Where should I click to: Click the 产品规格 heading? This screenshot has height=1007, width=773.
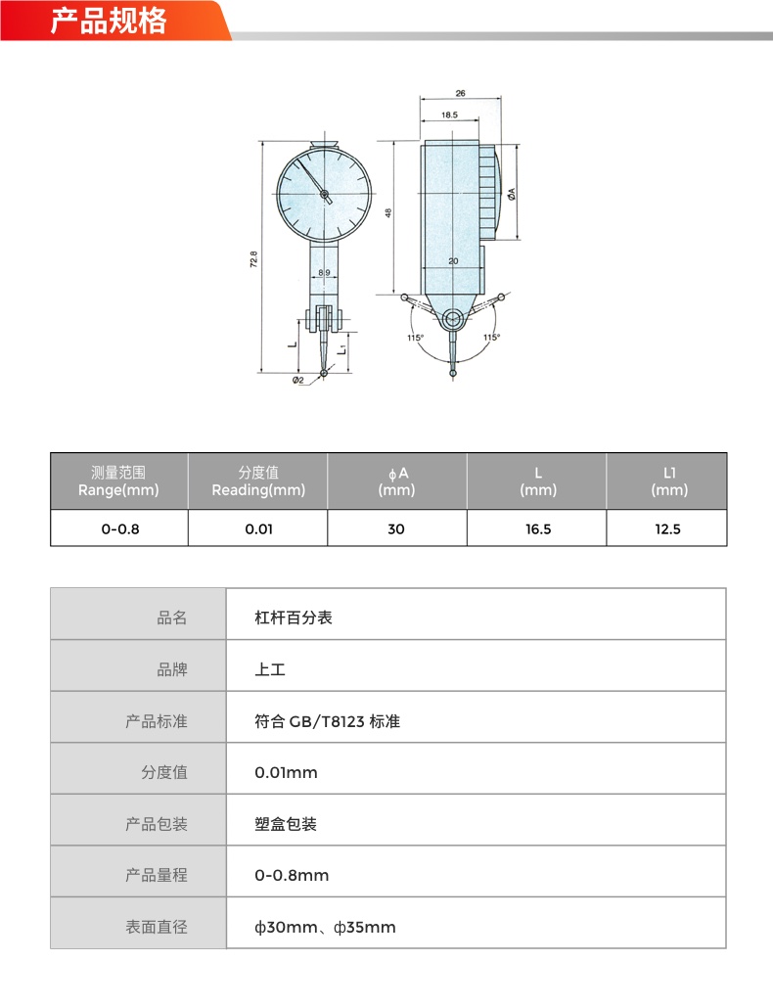(x=109, y=22)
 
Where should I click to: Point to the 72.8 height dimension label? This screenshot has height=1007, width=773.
(x=253, y=259)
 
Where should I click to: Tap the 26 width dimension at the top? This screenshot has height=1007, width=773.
(x=460, y=94)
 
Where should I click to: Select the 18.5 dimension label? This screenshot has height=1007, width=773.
(x=449, y=114)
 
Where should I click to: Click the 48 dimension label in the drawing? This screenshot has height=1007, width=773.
(x=387, y=212)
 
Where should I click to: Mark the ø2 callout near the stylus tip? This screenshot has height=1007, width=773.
(x=297, y=380)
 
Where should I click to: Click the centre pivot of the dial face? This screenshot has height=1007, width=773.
(x=324, y=194)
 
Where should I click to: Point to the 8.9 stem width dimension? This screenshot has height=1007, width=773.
(x=324, y=273)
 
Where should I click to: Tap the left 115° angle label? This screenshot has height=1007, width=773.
(x=415, y=338)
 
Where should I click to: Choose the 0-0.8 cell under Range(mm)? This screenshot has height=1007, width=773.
(x=120, y=529)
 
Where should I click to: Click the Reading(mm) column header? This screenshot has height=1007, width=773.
(x=258, y=490)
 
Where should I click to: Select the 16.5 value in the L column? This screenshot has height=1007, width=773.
(x=538, y=529)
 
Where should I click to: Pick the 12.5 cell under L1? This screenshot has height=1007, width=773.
(x=667, y=529)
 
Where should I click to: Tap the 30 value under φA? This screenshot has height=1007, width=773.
(x=396, y=529)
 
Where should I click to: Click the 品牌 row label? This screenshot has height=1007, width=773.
(x=172, y=669)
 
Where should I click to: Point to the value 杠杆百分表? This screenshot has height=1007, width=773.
(x=294, y=618)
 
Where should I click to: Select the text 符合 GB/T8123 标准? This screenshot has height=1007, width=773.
(x=328, y=721)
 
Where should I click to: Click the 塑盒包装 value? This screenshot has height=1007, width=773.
(x=286, y=824)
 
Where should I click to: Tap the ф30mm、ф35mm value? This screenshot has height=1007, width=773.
(x=325, y=928)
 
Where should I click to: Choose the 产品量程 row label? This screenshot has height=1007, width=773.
(x=157, y=875)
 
